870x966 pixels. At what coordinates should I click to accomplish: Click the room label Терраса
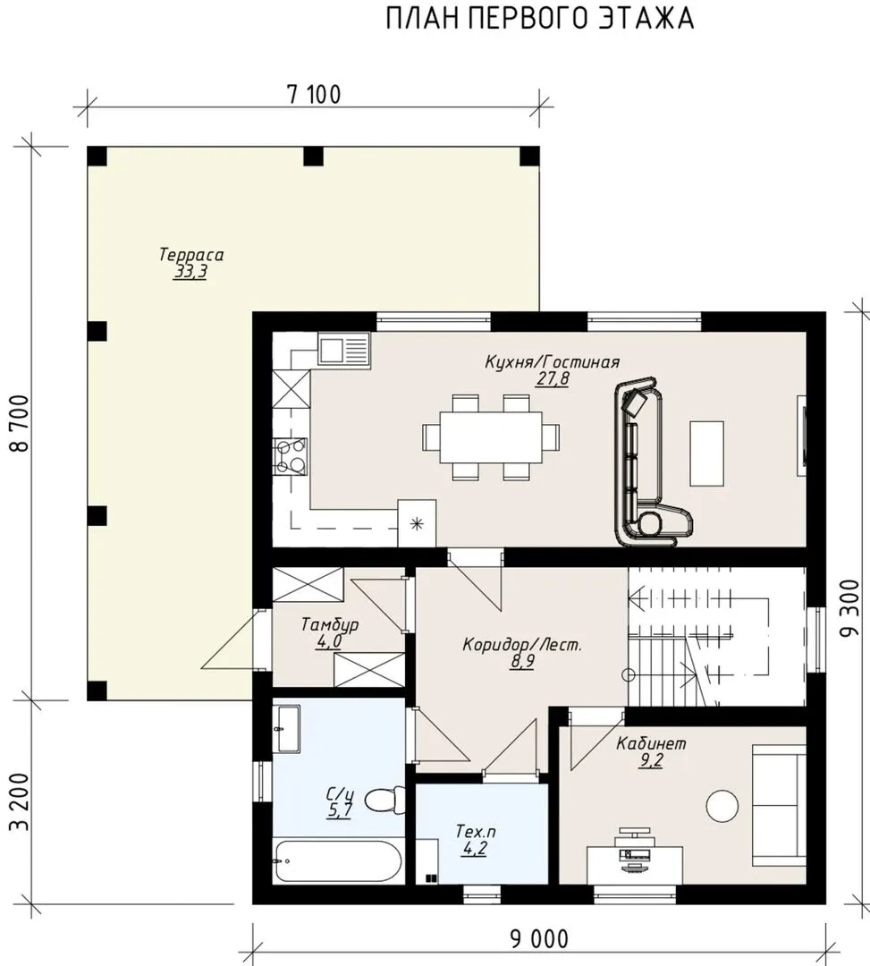[190, 254]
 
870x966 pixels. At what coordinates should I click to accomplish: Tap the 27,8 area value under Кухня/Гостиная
[553, 378]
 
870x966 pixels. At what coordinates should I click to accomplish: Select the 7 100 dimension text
[314, 94]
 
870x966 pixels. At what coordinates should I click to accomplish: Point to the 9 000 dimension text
[539, 939]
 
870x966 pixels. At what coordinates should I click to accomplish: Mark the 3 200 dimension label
[21, 801]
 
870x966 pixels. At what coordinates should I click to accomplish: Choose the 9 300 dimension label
[849, 609]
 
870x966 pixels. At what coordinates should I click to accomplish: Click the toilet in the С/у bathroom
[384, 801]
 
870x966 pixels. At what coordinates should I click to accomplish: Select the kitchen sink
[343, 350]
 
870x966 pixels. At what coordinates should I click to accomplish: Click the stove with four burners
[290, 456]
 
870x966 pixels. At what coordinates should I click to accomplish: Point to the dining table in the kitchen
[491, 436]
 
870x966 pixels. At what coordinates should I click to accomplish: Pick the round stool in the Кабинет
[722, 806]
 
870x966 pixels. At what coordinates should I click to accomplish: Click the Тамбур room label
[329, 624]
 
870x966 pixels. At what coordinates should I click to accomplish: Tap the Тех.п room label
[476, 831]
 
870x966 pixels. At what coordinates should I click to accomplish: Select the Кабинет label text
[651, 743]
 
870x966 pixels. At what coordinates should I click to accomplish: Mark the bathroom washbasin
[286, 730]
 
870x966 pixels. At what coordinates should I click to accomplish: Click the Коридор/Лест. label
[522, 645]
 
